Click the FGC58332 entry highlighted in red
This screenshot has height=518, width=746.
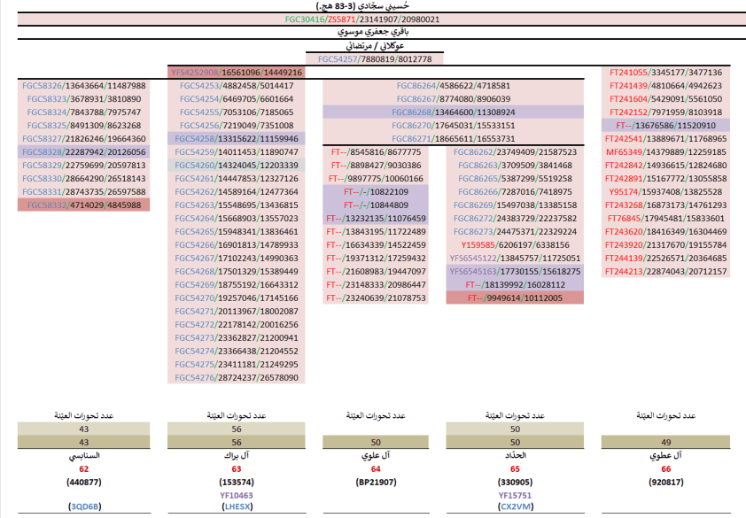pyautogui.click(x=83, y=205)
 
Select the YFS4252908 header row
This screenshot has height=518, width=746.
pyautogui.click(x=236, y=73)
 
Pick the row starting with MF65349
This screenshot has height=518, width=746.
pyautogui.click(x=665, y=152)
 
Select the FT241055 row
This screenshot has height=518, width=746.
pyautogui.click(x=665, y=73)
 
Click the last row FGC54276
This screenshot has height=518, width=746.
pyautogui.click(x=236, y=378)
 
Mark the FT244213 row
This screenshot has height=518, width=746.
pyautogui.click(x=665, y=272)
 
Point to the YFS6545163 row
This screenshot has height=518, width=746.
pyautogui.click(x=515, y=271)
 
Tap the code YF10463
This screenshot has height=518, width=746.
pyautogui.click(x=236, y=495)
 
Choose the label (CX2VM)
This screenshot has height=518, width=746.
pyautogui.click(x=515, y=507)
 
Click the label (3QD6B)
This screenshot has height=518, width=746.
pyautogui.click(x=84, y=507)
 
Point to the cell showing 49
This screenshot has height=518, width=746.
pyautogui.click(x=665, y=442)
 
